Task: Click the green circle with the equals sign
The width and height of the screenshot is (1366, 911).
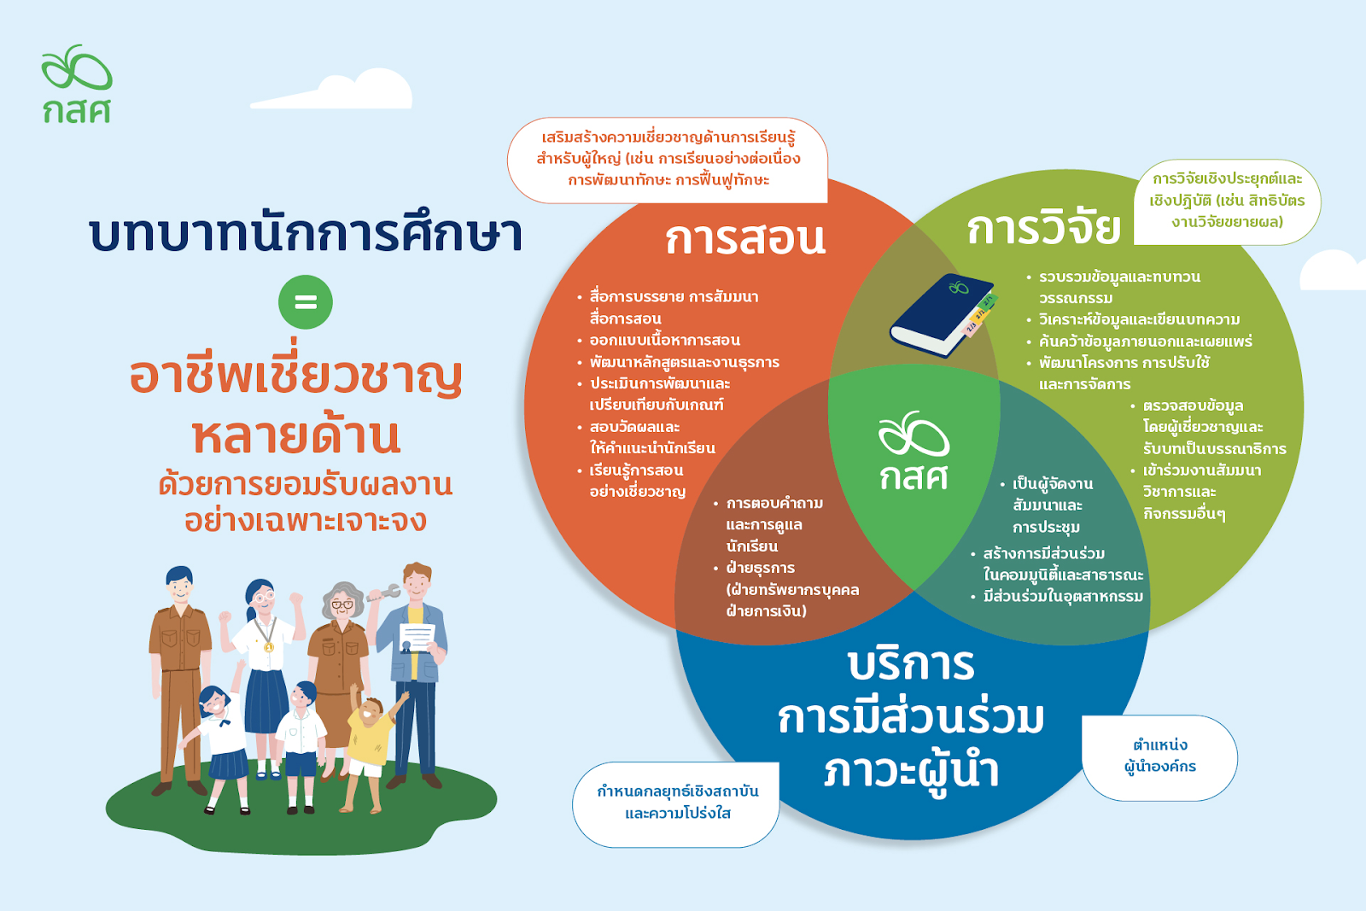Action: click(306, 302)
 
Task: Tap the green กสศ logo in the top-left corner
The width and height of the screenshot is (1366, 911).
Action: click(77, 84)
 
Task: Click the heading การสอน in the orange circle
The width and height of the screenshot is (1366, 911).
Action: click(744, 238)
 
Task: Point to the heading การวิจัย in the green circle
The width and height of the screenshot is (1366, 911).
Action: click(1043, 227)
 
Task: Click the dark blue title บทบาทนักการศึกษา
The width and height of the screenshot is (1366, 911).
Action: click(306, 234)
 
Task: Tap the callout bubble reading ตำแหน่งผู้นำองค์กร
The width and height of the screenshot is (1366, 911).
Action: click(1159, 757)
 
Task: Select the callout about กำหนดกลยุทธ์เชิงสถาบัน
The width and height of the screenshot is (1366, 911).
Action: click(676, 803)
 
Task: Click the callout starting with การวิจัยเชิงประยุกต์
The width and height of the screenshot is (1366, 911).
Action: click(1227, 201)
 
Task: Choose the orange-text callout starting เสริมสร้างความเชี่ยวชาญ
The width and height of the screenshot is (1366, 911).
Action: click(668, 160)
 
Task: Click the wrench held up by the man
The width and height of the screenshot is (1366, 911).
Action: click(383, 593)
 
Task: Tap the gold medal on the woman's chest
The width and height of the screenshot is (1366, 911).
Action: click(269, 645)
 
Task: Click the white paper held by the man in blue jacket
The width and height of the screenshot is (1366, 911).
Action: click(417, 637)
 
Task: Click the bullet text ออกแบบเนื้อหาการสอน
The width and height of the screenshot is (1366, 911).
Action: click(665, 341)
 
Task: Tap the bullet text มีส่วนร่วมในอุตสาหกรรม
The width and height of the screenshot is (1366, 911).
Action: click(1063, 596)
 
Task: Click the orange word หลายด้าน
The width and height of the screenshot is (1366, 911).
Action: click(296, 436)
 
